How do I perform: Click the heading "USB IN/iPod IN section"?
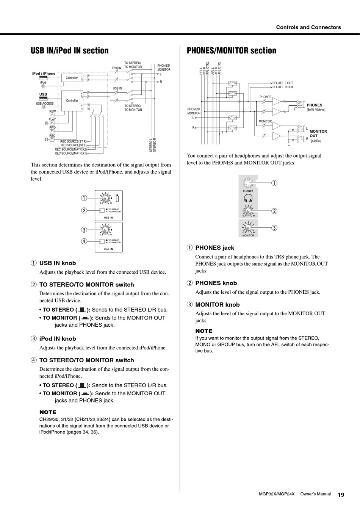(69, 51)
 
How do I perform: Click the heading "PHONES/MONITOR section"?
(232, 51)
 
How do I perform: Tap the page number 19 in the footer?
(341, 495)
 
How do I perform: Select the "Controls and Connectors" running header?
(308, 27)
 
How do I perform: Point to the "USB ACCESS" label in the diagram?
(45, 103)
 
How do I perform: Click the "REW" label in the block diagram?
(52, 111)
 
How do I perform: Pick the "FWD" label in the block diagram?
(52, 128)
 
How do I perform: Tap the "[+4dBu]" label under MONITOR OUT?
(316, 141)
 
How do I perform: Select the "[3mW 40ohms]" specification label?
(316, 110)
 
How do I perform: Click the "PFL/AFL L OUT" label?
(283, 83)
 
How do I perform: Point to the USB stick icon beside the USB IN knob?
(117, 197)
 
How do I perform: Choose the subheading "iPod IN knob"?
(58, 339)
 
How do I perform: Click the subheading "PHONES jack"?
(214, 248)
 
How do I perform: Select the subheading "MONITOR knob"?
(217, 305)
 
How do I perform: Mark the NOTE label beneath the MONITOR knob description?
(204, 331)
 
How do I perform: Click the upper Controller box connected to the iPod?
(72, 78)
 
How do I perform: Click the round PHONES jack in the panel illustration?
(248, 183)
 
